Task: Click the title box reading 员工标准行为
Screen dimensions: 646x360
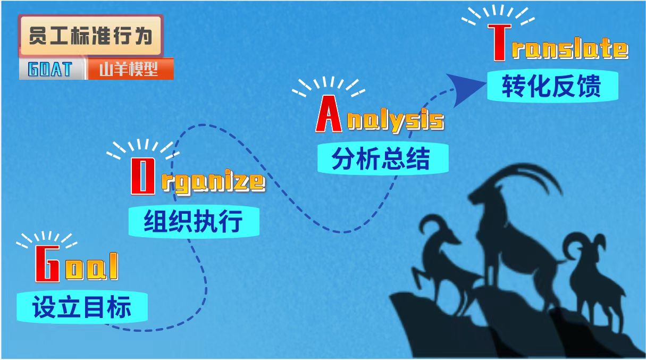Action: click(x=91, y=36)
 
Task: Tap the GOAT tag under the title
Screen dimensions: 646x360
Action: click(x=52, y=69)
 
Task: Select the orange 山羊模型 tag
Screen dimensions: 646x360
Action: click(x=130, y=69)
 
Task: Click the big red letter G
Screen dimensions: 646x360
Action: click(x=47, y=264)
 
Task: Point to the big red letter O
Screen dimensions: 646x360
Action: click(x=142, y=176)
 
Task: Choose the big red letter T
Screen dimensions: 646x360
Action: click(x=499, y=43)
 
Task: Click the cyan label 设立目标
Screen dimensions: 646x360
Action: click(x=82, y=307)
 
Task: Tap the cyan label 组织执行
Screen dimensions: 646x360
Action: click(x=194, y=222)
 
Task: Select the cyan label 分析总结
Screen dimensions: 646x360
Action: click(x=383, y=158)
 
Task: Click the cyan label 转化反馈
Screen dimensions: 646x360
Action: click(x=552, y=86)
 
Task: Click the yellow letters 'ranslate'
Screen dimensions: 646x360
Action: click(x=570, y=49)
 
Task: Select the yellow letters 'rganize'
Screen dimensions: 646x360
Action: click(x=213, y=182)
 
